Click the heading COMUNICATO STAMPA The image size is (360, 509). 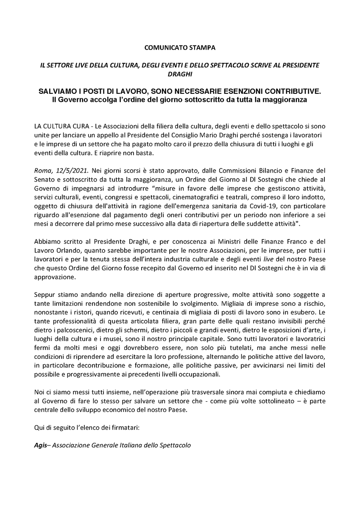(180, 48)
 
